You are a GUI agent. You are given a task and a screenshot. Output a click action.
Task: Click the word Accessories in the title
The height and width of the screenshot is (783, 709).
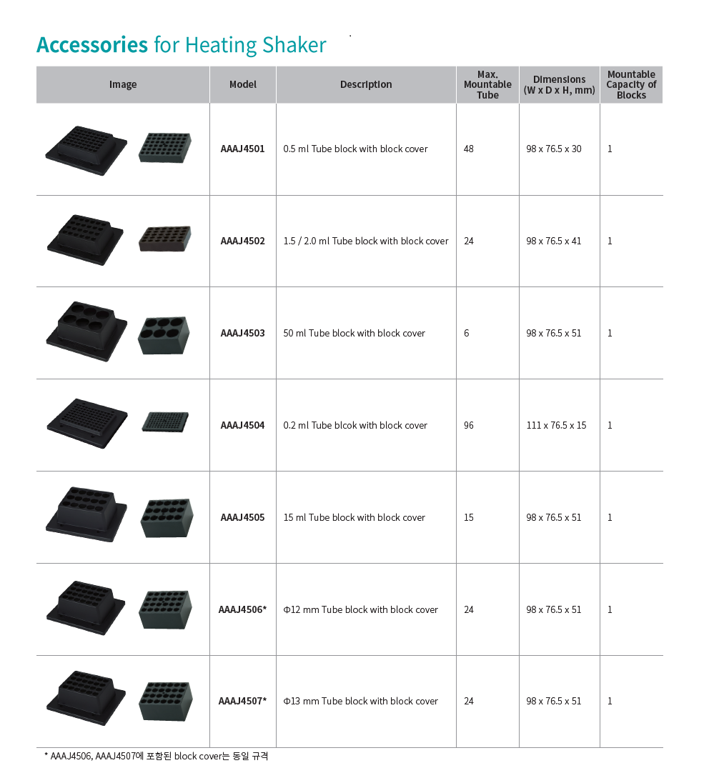point(92,45)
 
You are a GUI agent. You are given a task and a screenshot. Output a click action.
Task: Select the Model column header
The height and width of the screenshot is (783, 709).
point(243,84)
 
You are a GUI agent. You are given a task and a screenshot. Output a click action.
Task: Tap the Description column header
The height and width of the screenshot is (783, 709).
point(366,84)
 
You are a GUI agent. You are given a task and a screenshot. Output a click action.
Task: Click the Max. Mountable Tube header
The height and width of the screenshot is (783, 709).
point(487,84)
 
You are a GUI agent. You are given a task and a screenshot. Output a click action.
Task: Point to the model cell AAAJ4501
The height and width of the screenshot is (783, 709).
point(243,149)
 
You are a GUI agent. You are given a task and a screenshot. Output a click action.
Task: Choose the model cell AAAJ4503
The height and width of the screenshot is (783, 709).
point(243,333)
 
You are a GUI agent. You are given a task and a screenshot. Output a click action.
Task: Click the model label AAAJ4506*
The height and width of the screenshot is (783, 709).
point(243,609)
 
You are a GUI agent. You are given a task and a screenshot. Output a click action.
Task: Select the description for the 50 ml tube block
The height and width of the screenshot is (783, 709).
point(354,333)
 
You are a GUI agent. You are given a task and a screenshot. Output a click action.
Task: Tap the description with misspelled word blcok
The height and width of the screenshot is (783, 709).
point(355,425)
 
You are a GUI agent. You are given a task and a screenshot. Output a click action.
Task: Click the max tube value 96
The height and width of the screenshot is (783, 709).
point(469,425)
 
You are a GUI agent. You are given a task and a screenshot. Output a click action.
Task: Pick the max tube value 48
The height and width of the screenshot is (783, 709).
point(469,149)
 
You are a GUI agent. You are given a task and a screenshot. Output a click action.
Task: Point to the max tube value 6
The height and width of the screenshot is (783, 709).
point(467,333)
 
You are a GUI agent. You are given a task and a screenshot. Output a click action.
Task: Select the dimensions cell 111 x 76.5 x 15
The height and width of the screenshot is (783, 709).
point(557,425)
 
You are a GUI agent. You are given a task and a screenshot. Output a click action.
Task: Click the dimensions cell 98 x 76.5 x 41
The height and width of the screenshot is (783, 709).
point(554,241)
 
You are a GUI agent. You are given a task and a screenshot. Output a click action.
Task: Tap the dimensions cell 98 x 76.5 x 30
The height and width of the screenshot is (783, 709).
point(554,149)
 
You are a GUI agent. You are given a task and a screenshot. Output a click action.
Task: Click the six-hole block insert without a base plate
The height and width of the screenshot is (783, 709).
point(164,335)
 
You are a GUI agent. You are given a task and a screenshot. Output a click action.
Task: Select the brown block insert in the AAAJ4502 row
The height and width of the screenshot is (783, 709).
point(165,239)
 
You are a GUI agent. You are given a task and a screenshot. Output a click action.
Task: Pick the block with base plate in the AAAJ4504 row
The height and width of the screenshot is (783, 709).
point(87,424)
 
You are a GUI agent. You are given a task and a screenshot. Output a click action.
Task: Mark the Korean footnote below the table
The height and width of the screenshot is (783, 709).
point(157,756)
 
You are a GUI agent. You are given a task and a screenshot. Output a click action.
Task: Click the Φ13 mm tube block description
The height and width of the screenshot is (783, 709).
point(361,701)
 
